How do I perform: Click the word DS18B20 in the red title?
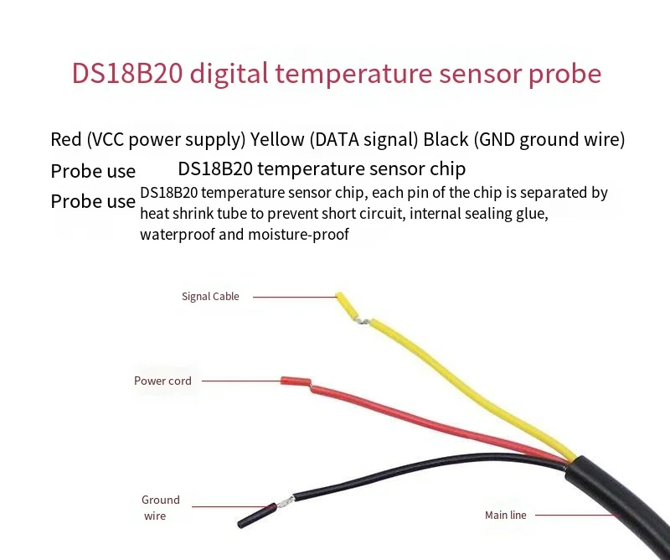[x=126, y=74]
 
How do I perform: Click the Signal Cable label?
[x=210, y=296]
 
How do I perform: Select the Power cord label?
[x=162, y=381]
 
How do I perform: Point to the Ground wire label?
[x=160, y=508]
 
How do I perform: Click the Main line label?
[x=506, y=515]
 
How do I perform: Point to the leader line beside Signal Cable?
[x=293, y=296]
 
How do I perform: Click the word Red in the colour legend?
[x=66, y=139]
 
